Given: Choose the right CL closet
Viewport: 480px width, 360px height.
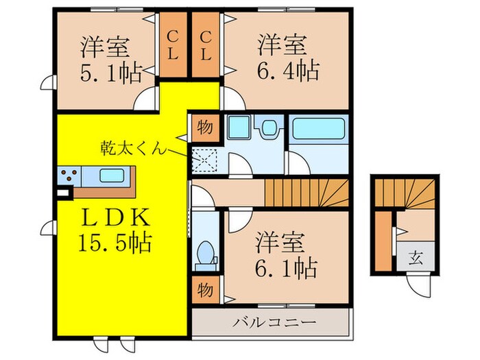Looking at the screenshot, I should tap(205, 44).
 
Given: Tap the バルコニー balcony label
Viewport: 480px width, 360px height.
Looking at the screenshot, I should tap(273, 322).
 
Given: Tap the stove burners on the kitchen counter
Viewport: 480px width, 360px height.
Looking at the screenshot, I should tap(69, 174).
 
